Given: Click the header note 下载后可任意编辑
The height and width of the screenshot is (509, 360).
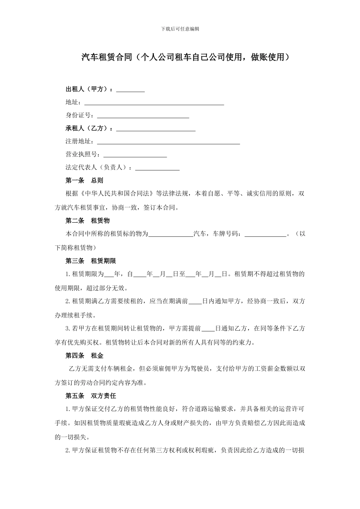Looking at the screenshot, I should point(180,29).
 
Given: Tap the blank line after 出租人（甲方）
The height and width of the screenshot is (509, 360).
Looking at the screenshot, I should point(130,90).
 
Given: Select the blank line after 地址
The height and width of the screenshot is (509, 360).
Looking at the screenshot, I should point(154,103).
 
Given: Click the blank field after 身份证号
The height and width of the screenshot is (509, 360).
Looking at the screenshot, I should point(143,116).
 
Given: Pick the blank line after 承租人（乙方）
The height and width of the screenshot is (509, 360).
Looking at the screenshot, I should point(156,129).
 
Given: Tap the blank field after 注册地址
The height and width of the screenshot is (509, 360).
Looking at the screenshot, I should point(169,142).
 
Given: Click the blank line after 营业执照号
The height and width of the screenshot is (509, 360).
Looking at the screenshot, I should point(135,155).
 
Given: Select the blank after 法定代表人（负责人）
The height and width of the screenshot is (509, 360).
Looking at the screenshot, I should point(157,167).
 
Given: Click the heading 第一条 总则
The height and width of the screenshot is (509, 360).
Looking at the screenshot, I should point(84,180).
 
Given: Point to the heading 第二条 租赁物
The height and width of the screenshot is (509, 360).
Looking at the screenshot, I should point(88,220).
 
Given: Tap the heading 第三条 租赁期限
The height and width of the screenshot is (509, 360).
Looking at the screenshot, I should point(91,261).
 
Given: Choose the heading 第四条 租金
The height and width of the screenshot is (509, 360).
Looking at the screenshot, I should point(84,356).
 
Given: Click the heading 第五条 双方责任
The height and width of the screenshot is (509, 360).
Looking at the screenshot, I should point(91,396).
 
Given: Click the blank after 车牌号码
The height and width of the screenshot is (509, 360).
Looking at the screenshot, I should point(265,234).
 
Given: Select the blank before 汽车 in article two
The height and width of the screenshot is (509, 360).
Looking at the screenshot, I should point(171,234).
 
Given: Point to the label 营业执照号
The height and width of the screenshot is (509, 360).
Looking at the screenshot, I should point(83,155).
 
